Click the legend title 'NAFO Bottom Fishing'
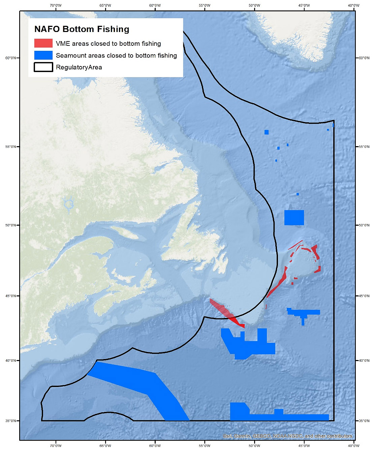point(82,29)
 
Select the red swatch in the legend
point(43,43)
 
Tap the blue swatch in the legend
point(43,55)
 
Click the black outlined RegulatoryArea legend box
point(43,67)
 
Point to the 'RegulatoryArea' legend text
point(79,67)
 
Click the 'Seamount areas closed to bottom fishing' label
point(116,56)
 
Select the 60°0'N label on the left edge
point(10,58)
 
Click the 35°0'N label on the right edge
point(364,421)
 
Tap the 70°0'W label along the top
point(56,5)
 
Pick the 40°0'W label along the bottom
point(353,446)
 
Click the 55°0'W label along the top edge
point(205,5)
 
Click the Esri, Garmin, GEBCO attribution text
point(287,436)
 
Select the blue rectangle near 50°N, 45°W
point(294,218)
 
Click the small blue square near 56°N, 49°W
point(267,132)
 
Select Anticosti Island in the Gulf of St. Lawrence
point(125,232)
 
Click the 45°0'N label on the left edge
point(10,296)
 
